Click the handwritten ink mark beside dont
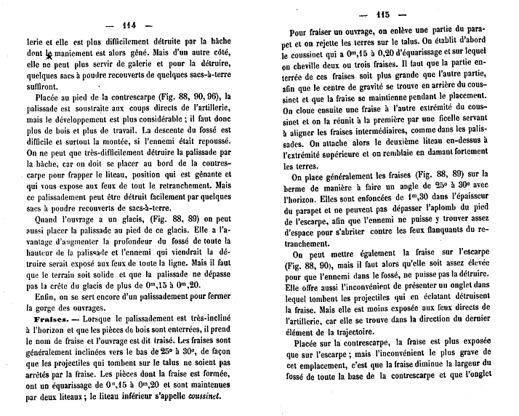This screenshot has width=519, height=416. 49,53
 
